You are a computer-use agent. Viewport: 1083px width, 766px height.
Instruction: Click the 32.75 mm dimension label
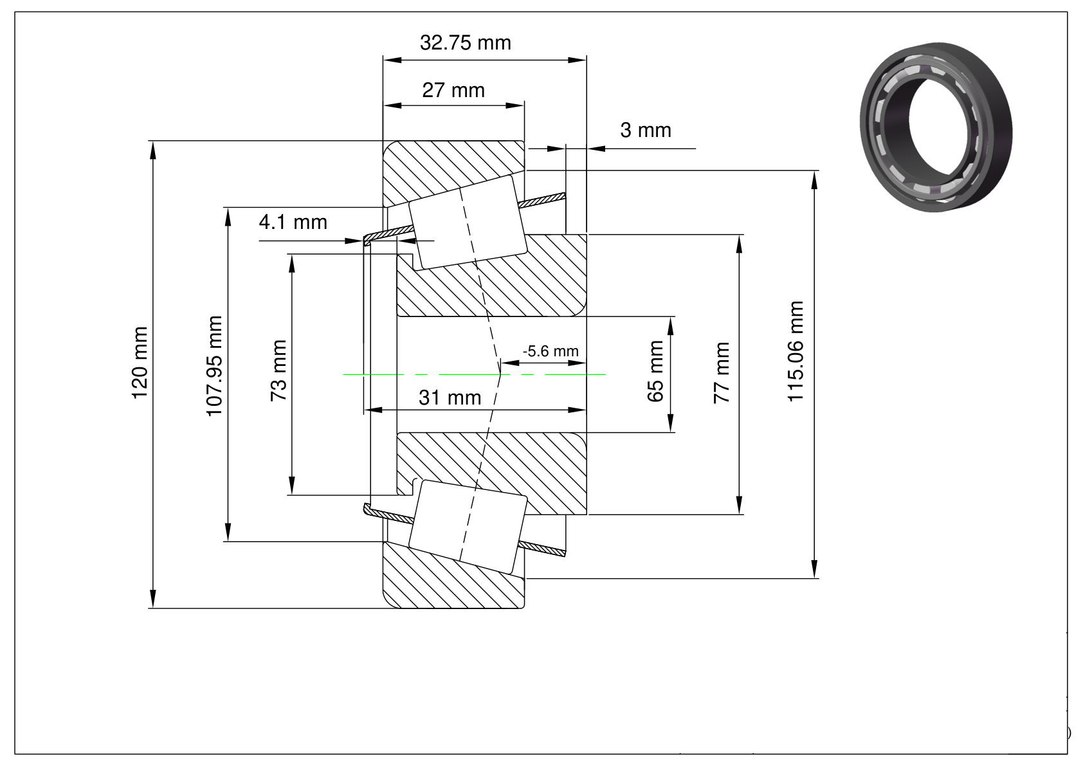(x=465, y=43)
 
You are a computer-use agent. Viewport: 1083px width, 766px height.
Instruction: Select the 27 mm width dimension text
(x=453, y=90)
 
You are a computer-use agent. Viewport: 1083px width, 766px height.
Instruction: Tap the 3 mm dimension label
(x=645, y=131)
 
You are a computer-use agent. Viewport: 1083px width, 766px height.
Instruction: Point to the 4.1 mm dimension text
(x=293, y=223)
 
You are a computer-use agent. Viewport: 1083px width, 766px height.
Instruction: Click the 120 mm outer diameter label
(x=140, y=362)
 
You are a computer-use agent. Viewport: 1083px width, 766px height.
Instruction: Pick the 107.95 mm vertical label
(x=214, y=365)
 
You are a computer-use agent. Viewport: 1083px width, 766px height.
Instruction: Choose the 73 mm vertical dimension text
(x=279, y=371)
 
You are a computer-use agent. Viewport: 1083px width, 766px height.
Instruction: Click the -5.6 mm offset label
(x=551, y=351)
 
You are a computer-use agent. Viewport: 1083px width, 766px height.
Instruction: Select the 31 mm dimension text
(x=450, y=398)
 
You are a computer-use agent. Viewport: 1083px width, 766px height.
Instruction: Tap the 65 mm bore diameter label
(x=655, y=371)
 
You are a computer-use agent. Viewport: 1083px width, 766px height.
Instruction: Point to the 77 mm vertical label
(x=722, y=373)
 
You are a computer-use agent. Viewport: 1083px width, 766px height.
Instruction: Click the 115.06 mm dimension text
(x=796, y=351)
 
